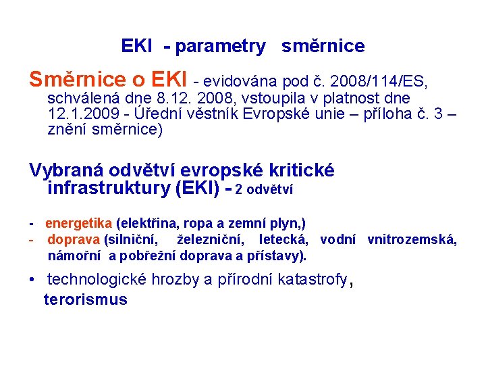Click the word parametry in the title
(221, 47)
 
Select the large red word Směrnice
(77, 80)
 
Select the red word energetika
(79, 223)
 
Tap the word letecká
(283, 239)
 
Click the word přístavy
(279, 255)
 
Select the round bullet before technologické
(32, 278)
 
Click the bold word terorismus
(85, 299)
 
